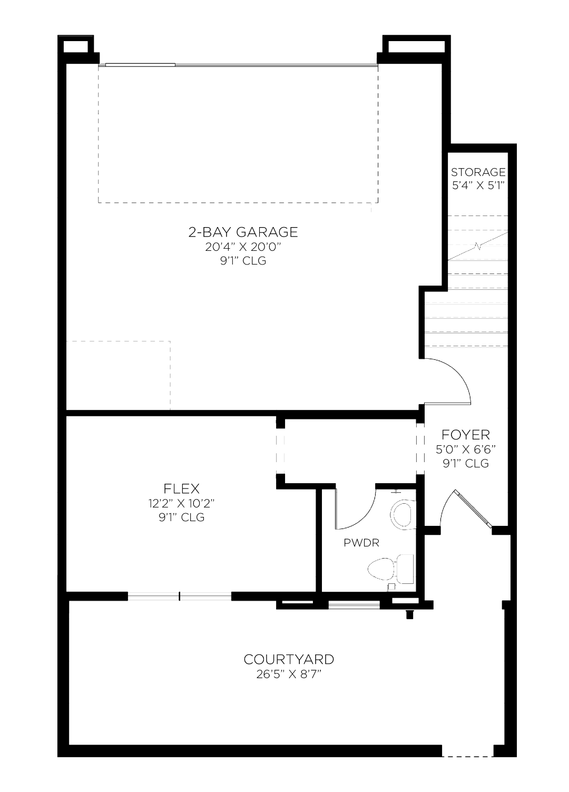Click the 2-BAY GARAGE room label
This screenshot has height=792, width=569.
coord(243,232)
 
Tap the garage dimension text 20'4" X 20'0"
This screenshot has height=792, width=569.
coord(243,247)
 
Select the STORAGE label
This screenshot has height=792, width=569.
coord(478,172)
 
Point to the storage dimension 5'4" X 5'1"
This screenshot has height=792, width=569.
coord(478,185)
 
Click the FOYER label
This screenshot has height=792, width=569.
coord(465,435)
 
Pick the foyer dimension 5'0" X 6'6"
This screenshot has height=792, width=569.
coord(465,449)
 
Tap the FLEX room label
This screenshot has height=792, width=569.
coord(182,488)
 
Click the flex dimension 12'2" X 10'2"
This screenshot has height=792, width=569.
coord(182,503)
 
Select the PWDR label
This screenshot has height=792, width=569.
coord(361,543)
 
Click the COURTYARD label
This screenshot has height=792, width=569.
coord(289,659)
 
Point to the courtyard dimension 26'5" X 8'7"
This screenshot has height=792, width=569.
coord(289,674)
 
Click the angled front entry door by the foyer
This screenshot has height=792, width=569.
coord(473,509)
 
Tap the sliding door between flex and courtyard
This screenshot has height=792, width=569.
coord(180,597)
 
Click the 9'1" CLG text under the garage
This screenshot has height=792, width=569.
coord(243,261)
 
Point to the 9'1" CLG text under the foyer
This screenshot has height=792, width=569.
coord(465,463)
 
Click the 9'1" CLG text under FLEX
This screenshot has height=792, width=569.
coord(182,517)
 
